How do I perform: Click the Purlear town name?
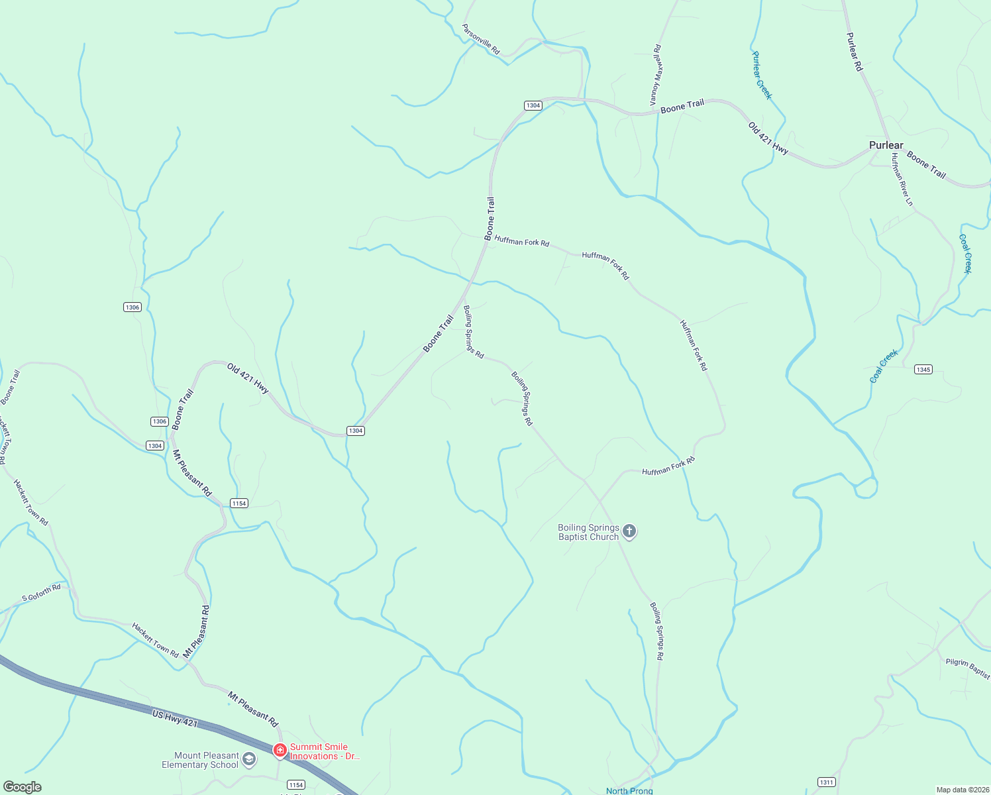coord(886,145)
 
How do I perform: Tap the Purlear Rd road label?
coord(855,52)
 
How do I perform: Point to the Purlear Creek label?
coord(762,76)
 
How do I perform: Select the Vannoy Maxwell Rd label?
coord(656,75)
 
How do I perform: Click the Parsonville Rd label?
coord(481,39)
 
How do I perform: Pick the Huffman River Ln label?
coord(902,180)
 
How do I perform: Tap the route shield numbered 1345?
coord(923,369)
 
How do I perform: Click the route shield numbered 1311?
coord(826,782)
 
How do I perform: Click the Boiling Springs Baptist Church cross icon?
coord(629,531)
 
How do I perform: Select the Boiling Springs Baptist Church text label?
coord(588,533)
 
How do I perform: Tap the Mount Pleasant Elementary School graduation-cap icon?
coord(249,759)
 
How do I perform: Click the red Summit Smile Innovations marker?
coord(280,751)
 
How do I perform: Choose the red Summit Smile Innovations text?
coord(325,751)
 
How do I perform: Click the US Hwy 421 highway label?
coord(175,719)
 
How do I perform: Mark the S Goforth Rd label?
coord(41,592)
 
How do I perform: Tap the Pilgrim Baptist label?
coord(968,668)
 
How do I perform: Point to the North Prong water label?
coord(629,790)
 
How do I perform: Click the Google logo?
coord(23,787)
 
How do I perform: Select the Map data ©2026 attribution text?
coord(962,790)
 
